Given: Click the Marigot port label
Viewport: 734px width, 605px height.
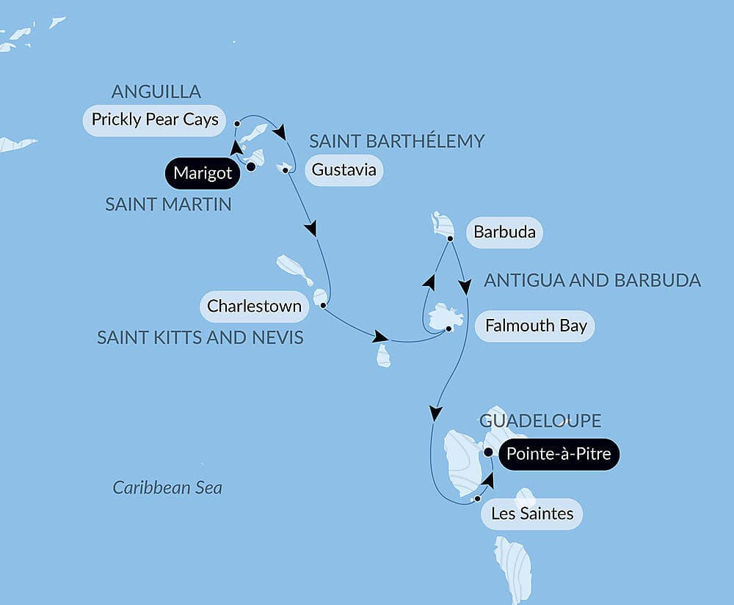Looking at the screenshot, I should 203,174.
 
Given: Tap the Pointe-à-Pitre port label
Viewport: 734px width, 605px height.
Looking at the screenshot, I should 559,455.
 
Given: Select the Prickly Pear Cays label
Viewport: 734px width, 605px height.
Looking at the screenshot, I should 155,120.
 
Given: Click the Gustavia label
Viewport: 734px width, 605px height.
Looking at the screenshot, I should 344,170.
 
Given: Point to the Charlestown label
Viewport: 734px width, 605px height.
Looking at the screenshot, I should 254,306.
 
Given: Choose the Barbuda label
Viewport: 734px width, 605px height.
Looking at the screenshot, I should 504,233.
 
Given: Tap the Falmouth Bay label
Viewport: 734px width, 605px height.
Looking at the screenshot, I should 536,326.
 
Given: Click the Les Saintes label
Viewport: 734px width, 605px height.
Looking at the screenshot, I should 532,513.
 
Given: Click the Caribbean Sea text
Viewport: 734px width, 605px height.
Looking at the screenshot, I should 167,488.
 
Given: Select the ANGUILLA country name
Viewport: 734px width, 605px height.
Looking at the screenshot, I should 156,92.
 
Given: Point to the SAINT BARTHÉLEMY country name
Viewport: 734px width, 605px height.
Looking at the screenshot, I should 397,141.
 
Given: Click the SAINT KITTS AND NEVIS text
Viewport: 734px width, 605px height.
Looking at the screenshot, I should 200,337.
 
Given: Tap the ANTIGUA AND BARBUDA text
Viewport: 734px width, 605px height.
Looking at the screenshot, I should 592,280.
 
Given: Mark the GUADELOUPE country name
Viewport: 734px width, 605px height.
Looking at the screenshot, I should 540,420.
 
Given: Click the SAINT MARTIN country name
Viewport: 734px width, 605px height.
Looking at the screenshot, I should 168,205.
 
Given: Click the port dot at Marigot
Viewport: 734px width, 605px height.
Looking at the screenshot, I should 250,166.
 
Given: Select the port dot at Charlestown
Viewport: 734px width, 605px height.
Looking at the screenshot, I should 323,304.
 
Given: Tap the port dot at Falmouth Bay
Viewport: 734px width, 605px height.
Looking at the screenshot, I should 449,329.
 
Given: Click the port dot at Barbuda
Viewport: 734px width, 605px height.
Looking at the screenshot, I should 450,238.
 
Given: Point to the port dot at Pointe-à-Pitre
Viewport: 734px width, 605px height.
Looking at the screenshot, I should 488,452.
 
